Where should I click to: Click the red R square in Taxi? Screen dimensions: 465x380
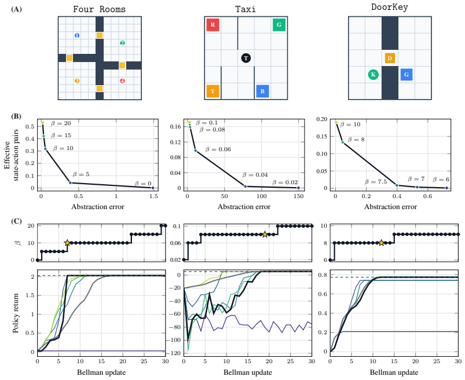point(213,25)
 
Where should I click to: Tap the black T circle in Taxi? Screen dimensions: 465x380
point(246,58)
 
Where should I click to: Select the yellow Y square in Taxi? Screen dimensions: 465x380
point(213,91)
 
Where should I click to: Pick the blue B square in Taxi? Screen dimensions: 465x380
point(262,91)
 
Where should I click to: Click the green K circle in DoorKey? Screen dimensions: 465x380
point(373,75)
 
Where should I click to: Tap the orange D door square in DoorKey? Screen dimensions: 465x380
point(390,58)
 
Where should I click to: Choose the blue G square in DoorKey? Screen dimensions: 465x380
point(407,75)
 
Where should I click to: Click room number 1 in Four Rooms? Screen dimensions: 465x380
point(77,35)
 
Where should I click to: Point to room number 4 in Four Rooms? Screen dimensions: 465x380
point(122,81)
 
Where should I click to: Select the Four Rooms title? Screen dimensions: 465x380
point(100,9)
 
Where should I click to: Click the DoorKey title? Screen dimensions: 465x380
point(390,7)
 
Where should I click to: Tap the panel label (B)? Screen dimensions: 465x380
point(16,116)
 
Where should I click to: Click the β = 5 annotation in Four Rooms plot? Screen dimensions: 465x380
point(81,174)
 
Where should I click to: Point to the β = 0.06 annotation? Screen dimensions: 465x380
point(218,149)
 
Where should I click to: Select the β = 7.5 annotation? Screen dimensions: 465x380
point(376,182)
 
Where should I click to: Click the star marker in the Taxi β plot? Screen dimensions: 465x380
point(265,235)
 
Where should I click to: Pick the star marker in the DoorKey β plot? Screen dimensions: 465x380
point(382,243)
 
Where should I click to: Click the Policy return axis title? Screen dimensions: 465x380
point(16,313)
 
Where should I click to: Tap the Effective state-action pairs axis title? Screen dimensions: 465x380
point(11,155)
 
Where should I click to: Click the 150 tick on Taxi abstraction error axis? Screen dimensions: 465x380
point(299,196)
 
